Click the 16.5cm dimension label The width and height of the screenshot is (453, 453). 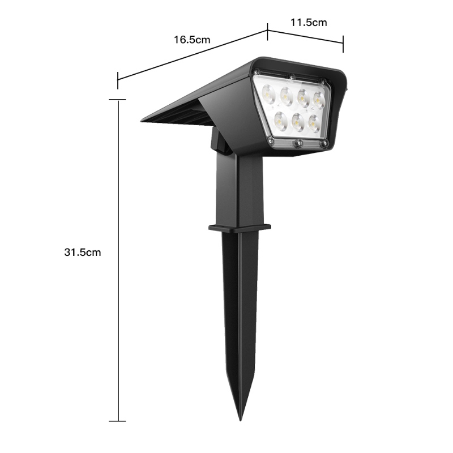click(192, 40)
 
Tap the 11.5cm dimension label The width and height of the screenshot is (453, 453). click(309, 23)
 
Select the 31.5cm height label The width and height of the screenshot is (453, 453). click(83, 252)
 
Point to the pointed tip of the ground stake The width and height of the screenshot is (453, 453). click(240, 420)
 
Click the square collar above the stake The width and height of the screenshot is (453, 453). click(240, 228)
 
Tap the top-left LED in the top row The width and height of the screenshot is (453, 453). click(268, 92)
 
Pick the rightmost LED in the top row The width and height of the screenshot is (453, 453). click(319, 100)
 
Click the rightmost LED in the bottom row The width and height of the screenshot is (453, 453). click(314, 123)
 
